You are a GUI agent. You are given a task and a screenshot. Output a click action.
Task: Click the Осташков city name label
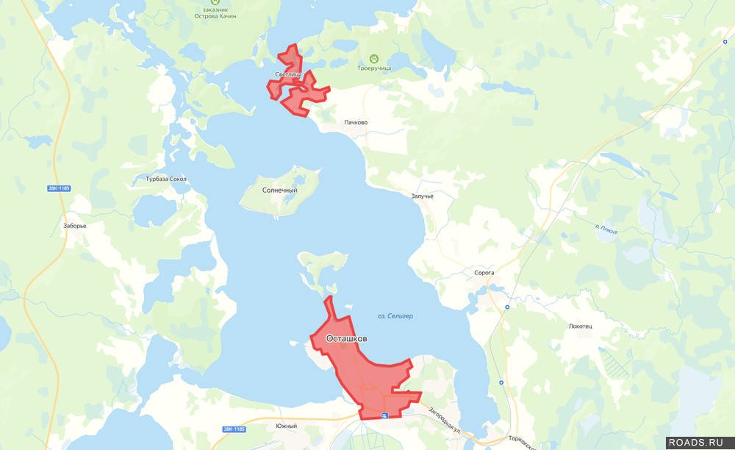pos(340,339)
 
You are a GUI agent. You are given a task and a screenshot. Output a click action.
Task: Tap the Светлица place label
pos(288,75)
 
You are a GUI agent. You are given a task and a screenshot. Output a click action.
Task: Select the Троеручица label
pos(373,68)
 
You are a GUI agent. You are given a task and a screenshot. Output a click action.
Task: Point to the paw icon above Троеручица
pos(373,58)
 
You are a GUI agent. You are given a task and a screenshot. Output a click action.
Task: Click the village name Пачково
pos(356,123)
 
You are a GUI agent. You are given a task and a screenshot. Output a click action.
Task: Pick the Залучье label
pos(423,196)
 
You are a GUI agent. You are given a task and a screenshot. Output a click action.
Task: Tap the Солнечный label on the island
pos(279,190)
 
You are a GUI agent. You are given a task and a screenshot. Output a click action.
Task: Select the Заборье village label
pos(75,226)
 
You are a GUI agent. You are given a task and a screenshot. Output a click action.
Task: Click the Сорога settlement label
pos(484,273)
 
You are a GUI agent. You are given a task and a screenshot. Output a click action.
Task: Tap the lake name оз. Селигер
pos(395,316)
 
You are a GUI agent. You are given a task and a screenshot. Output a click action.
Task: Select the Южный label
pos(286,426)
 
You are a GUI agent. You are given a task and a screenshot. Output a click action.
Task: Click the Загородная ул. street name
pos(444,421)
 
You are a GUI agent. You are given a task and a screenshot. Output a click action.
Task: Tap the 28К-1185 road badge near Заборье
pos(59,189)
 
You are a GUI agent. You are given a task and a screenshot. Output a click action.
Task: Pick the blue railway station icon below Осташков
pos(384,415)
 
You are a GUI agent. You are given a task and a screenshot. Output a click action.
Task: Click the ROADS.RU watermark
pos(699,443)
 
